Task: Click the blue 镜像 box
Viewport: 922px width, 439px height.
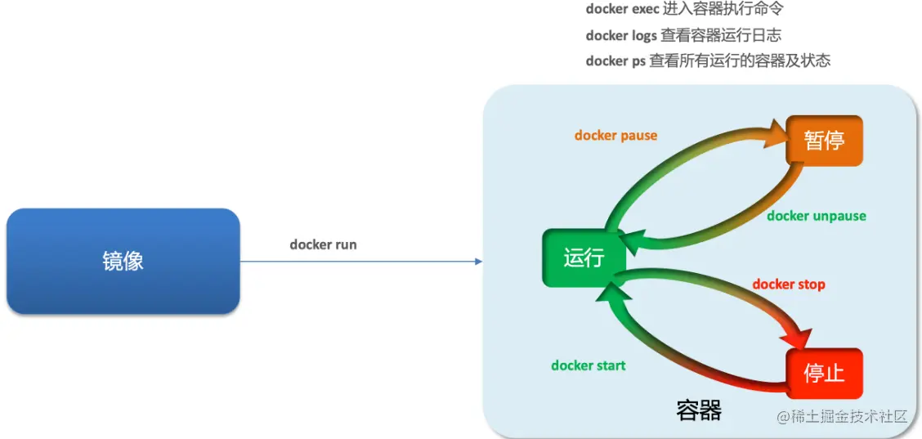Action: (x=123, y=261)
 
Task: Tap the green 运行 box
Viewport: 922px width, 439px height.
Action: (x=584, y=258)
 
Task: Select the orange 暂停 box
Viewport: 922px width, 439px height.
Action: (x=825, y=141)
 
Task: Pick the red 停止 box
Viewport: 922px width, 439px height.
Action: (x=825, y=374)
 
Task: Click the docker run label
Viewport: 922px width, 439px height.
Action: (x=323, y=244)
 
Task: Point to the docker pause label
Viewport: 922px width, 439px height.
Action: (x=615, y=136)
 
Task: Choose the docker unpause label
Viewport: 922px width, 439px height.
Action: (x=817, y=216)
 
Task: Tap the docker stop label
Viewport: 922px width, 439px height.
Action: (x=789, y=284)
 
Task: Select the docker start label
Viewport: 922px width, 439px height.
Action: (x=588, y=365)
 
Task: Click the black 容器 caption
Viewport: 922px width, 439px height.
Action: (x=699, y=410)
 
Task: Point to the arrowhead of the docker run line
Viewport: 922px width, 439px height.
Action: (x=478, y=262)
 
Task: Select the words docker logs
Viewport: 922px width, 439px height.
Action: (x=621, y=36)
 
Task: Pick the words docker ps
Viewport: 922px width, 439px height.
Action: (x=615, y=61)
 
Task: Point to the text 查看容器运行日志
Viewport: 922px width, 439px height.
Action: (x=721, y=36)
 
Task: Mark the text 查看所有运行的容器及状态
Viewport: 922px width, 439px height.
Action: (x=740, y=61)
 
